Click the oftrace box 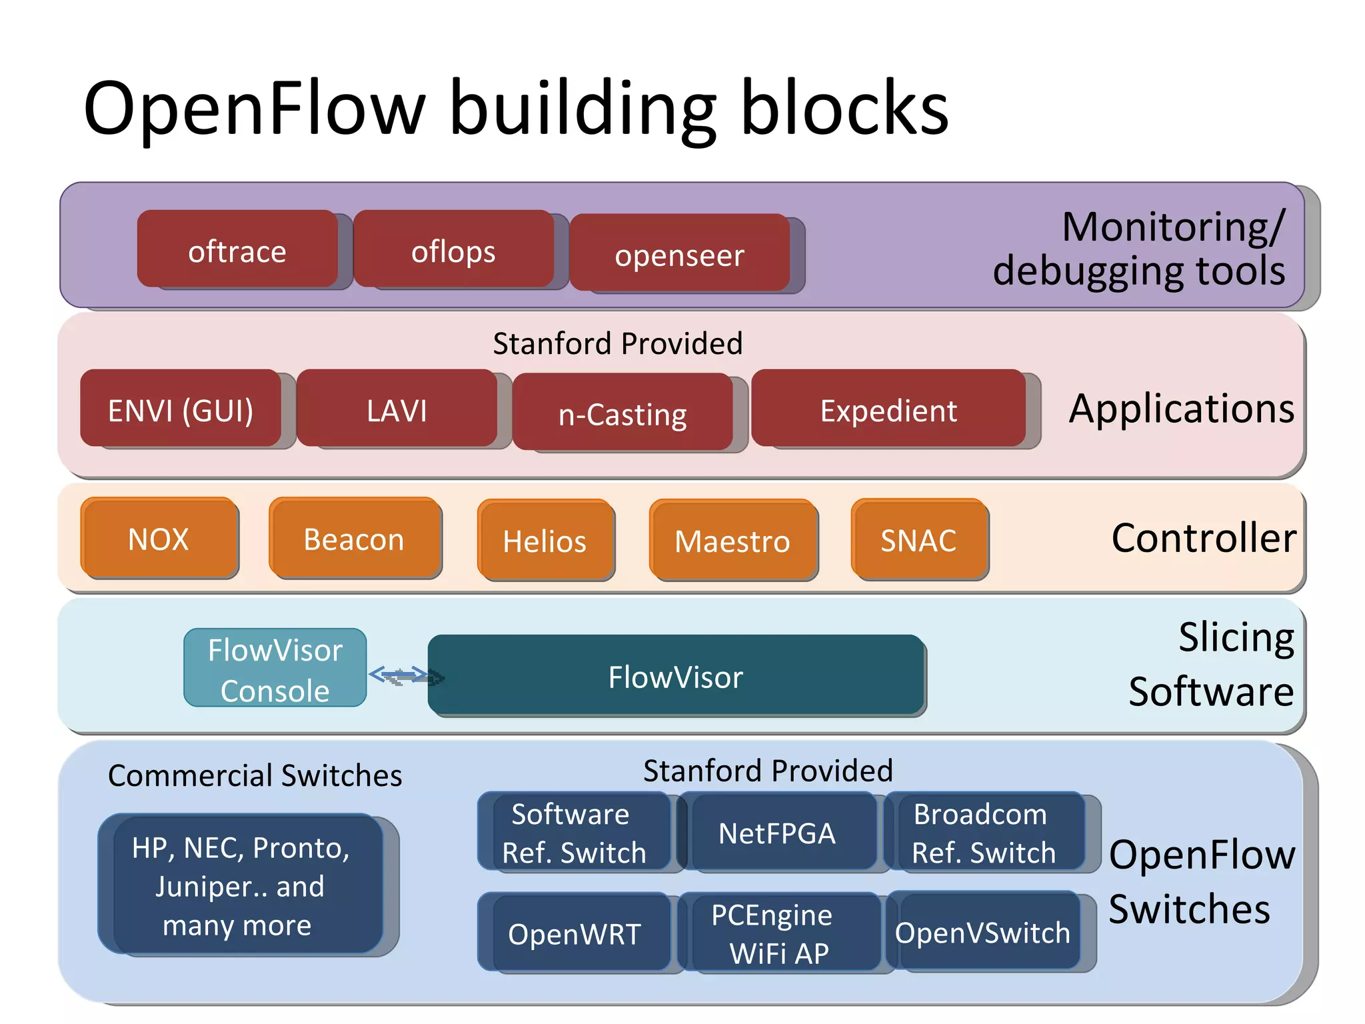(237, 250)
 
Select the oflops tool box (453, 250)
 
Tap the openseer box (679, 253)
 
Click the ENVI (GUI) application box (181, 409)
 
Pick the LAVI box (397, 409)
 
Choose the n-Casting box (623, 413)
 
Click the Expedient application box (888, 409)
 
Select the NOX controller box (159, 538)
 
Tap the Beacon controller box (354, 538)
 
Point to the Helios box (545, 540)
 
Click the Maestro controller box (732, 540)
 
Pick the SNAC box (918, 539)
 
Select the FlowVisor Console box (275, 669)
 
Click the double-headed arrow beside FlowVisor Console (399, 675)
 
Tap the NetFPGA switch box (777, 832)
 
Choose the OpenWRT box (575, 933)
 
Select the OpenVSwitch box (982, 931)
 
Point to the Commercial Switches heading (255, 775)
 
